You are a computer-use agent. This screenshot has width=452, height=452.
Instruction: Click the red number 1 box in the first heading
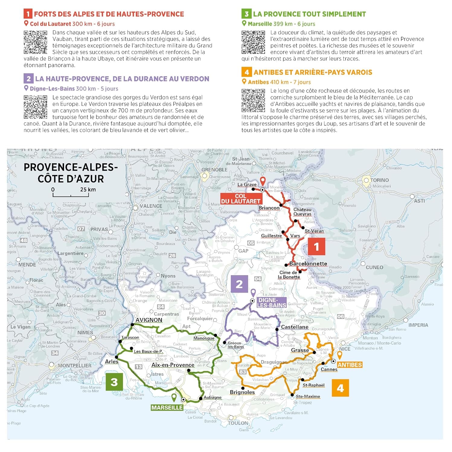coord(28,14)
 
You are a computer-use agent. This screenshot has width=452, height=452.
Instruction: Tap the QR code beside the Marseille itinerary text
coord(253,42)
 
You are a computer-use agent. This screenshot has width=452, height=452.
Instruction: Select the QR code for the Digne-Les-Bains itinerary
coord(35,107)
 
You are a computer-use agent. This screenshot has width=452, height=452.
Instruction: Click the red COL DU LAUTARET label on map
coord(240,199)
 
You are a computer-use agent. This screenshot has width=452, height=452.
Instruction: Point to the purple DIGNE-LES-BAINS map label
coord(271,303)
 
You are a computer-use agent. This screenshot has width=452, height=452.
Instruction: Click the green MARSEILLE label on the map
coord(167,408)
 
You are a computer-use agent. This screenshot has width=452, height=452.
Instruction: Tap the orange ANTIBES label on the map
coord(349,365)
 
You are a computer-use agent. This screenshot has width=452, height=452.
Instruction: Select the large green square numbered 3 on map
coord(114,382)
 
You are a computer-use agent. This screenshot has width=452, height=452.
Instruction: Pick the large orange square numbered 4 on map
coord(340,388)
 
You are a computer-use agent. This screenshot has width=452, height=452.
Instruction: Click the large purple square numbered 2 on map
coord(239,284)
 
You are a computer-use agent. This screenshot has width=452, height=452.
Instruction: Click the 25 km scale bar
coord(71,195)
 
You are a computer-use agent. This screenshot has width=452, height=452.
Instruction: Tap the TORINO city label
coord(379,180)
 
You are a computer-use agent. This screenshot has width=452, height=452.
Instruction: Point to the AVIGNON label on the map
coord(149,320)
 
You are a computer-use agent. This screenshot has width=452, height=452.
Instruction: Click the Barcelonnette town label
coord(308,264)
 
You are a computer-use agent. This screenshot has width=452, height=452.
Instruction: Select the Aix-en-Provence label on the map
coord(173,365)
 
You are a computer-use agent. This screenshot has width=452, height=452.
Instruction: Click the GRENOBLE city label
coord(214,170)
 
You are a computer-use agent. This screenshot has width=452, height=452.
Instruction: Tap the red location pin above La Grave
coord(263,181)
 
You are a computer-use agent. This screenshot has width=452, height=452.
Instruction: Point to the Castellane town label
coord(295,327)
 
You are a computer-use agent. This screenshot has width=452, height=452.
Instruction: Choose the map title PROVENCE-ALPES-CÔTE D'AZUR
coord(71,173)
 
